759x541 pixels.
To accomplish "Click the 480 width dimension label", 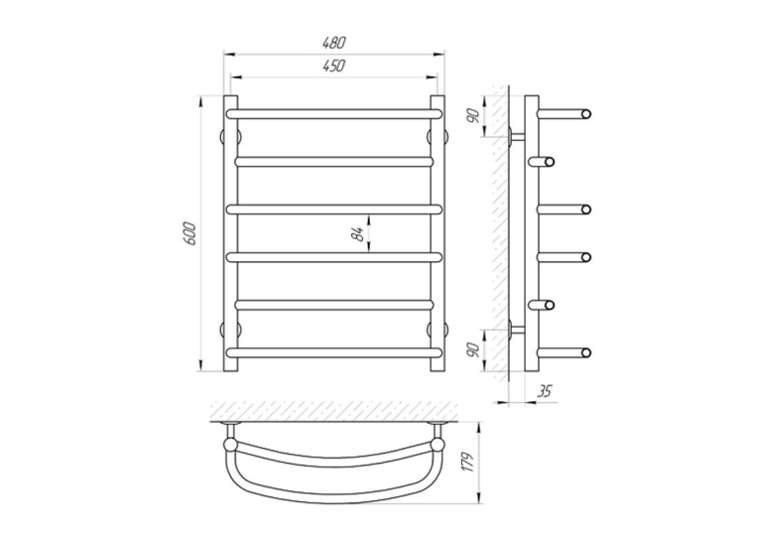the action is point(334,43).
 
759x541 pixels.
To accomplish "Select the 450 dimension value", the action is point(334,66).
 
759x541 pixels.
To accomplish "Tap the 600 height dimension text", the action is point(190,233).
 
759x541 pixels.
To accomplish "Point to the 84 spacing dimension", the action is point(358,234).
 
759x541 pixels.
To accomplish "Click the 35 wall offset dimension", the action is point(544,391).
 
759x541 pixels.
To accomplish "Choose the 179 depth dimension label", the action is point(467,464).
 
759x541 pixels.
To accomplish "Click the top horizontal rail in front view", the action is point(334,114).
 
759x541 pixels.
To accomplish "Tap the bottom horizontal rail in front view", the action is point(334,352).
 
